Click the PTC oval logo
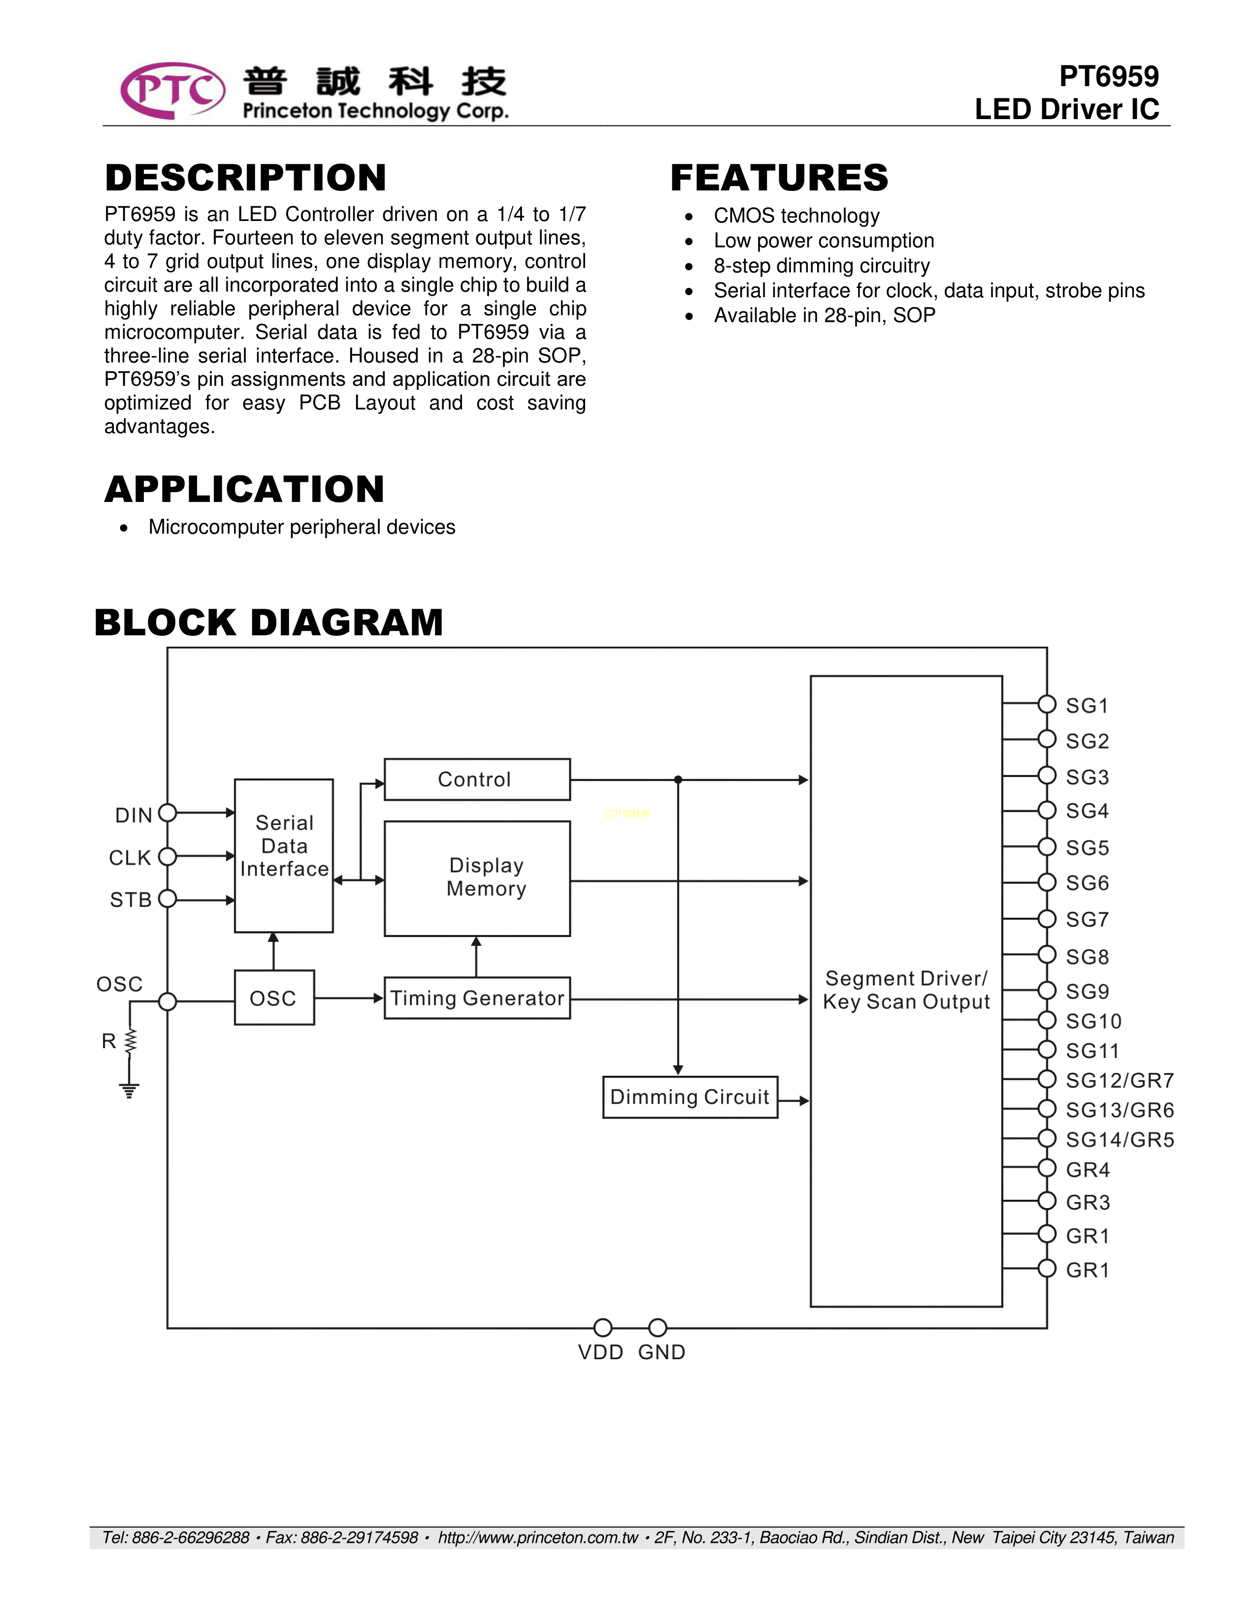[x=172, y=91]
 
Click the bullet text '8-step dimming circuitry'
[x=822, y=265]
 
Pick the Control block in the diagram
[x=477, y=780]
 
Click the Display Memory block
[x=477, y=878]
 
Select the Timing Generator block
[x=477, y=998]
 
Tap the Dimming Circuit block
[x=690, y=1097]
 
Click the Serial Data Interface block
[x=284, y=855]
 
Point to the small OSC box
[x=274, y=998]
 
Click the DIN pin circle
[x=168, y=813]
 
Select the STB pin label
[x=131, y=900]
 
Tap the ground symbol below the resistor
[x=130, y=1091]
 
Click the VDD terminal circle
[x=603, y=1327]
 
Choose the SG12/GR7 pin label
[x=1119, y=1080]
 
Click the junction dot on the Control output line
[x=678, y=780]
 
